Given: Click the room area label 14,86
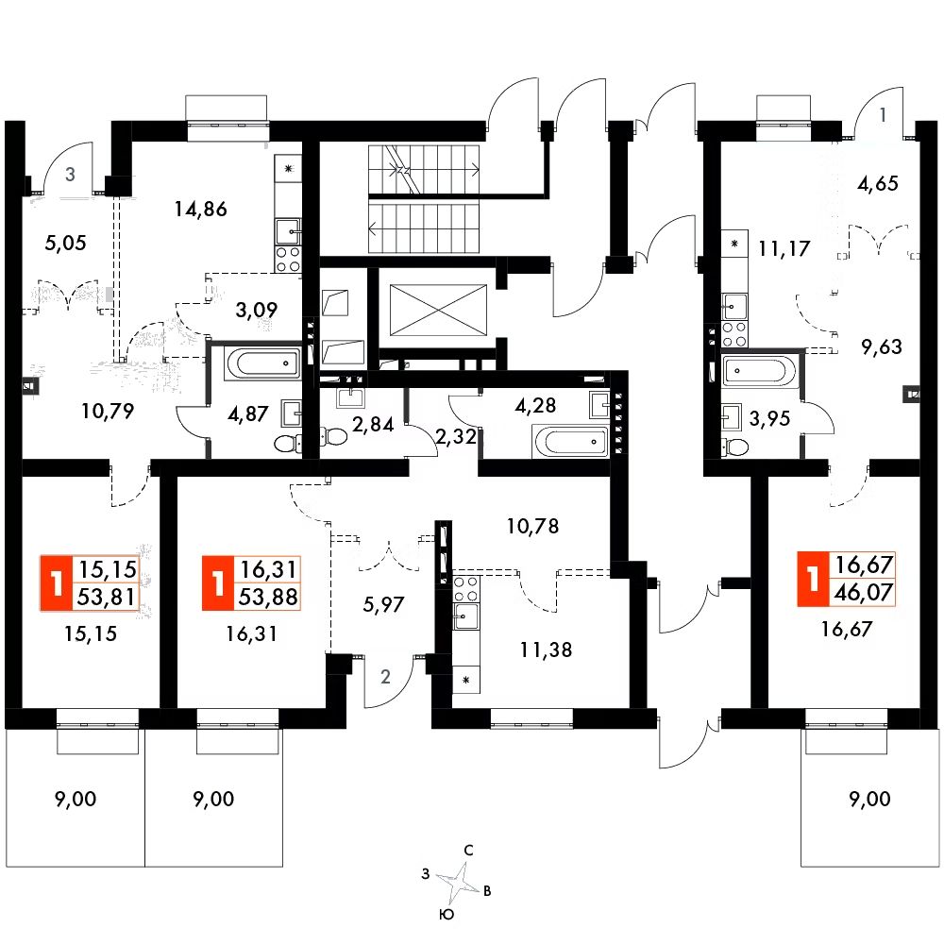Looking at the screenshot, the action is point(202,210).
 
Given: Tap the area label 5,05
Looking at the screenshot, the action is point(66,243).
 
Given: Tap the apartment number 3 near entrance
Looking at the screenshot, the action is point(71,174).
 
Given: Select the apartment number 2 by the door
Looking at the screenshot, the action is point(385,676).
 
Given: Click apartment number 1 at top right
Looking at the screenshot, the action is point(883,116).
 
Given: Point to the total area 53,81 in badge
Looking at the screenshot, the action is point(110,597).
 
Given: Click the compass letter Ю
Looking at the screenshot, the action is point(447,914).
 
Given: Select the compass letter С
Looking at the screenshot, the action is point(468,850).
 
